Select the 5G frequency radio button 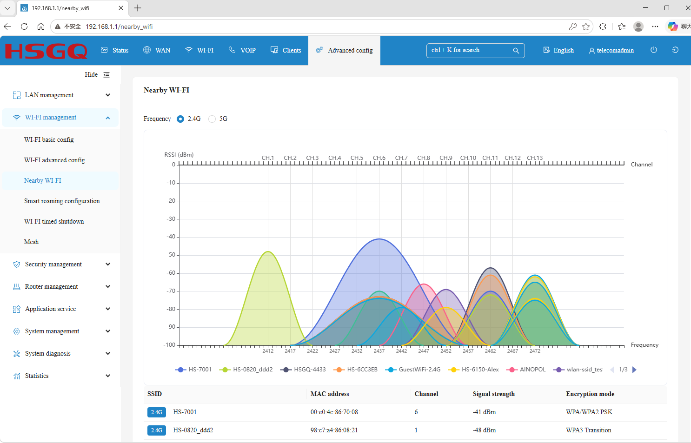click(x=212, y=119)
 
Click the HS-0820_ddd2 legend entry click(x=246, y=369)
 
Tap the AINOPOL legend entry click(x=526, y=369)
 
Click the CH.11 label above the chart click(x=490, y=158)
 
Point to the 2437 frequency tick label click(x=379, y=351)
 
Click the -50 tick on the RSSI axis click(x=171, y=255)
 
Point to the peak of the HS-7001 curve click(x=379, y=239)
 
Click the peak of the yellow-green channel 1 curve click(x=268, y=251)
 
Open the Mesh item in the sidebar click(x=32, y=242)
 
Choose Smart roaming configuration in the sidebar click(x=62, y=201)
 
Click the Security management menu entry click(x=53, y=264)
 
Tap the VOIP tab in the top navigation click(x=242, y=50)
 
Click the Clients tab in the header click(x=286, y=50)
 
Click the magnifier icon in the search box click(x=516, y=51)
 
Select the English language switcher click(x=558, y=50)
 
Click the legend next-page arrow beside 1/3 click(x=634, y=370)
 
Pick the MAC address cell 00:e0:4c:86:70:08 click(x=334, y=412)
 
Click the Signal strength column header click(x=493, y=394)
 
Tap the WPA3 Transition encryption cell click(x=588, y=430)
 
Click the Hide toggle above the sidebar click(x=97, y=74)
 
